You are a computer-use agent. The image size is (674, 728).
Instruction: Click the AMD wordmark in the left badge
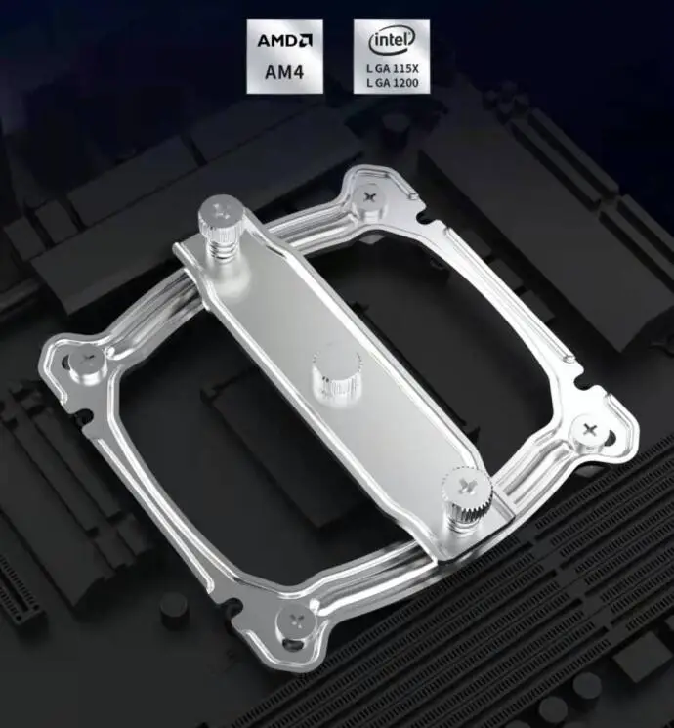278,40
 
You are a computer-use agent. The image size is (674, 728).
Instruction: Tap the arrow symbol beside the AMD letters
306,40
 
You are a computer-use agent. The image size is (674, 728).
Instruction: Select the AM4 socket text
284,72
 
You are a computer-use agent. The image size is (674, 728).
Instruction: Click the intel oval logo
392,40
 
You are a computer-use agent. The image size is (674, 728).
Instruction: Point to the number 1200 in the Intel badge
405,83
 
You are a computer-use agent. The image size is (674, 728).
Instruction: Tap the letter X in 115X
414,69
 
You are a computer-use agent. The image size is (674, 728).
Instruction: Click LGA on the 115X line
378,69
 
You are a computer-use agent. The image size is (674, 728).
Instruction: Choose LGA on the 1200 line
378,83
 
